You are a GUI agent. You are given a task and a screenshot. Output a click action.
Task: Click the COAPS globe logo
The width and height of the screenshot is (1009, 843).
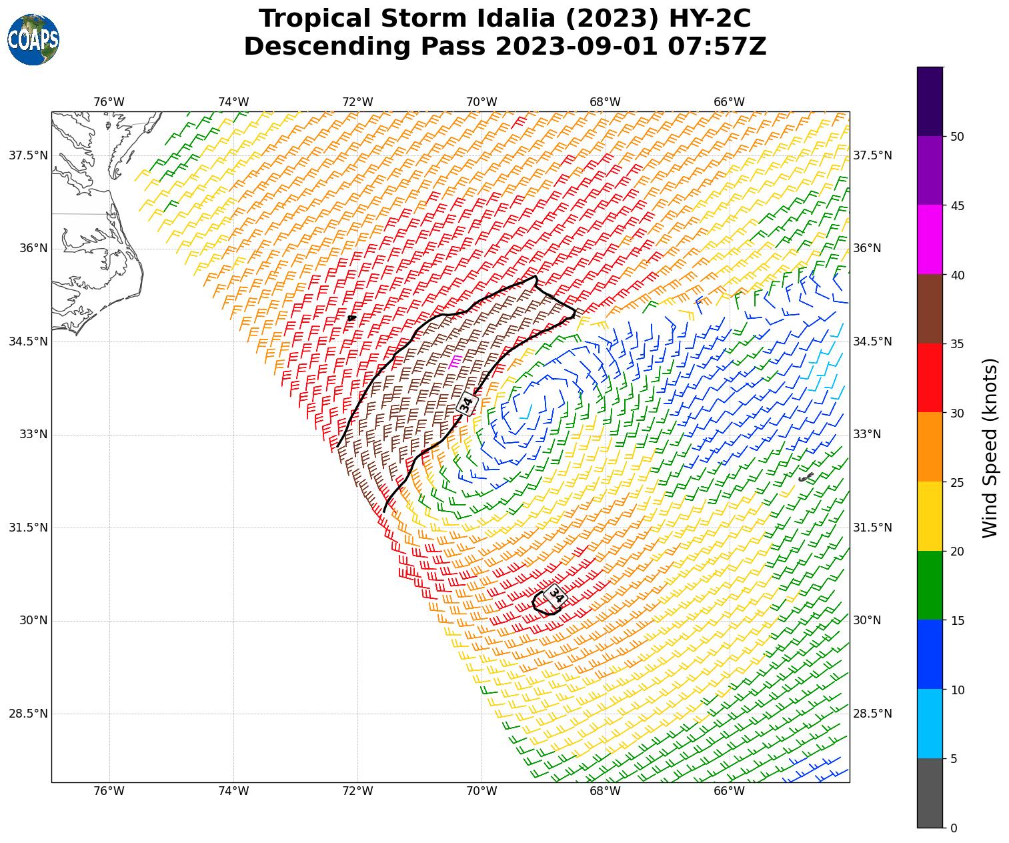[33, 40]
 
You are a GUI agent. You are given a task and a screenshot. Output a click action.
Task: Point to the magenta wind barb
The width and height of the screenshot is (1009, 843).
[455, 362]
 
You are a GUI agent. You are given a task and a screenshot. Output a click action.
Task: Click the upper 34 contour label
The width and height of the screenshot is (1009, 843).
[467, 403]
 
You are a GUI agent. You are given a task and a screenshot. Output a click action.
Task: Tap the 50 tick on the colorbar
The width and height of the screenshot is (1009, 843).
[958, 137]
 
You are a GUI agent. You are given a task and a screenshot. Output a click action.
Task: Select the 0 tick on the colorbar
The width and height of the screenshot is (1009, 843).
[954, 828]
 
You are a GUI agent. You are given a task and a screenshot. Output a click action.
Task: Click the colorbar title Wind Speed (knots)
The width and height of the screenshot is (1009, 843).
[990, 448]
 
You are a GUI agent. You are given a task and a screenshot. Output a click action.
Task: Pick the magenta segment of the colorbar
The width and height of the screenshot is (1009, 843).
[930, 239]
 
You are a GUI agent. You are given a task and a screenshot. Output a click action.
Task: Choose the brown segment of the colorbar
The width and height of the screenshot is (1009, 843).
[930, 309]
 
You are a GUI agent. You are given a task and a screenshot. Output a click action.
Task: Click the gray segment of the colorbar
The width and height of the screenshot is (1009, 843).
[930, 793]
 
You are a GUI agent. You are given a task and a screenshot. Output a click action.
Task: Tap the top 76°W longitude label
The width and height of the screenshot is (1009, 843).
[109, 102]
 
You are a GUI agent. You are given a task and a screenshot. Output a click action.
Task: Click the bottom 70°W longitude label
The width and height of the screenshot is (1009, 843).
[481, 792]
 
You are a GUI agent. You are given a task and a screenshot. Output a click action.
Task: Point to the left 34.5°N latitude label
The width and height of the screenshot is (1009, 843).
[28, 341]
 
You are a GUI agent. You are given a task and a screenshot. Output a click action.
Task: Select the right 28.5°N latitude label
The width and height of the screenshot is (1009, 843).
[872, 714]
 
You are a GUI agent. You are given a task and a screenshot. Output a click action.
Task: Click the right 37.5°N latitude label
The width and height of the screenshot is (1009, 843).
[872, 155]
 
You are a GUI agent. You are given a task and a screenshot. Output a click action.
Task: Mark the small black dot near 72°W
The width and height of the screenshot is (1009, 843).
[351, 318]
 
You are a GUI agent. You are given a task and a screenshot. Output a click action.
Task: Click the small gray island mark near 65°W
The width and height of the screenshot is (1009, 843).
[806, 477]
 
